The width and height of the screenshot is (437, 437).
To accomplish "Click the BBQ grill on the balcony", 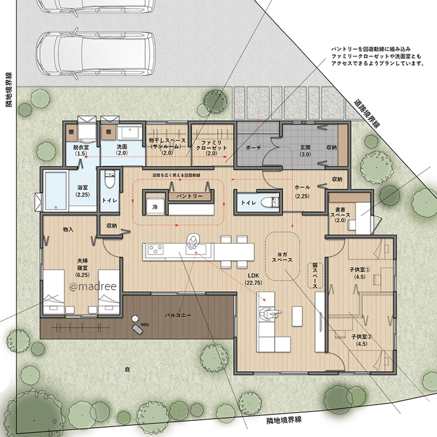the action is pos(138,329).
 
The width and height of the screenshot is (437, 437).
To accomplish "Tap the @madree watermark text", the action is pos(93,286).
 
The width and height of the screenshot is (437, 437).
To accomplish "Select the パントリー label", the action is pos(190,196).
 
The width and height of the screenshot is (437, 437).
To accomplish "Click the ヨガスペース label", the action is pos(282,257).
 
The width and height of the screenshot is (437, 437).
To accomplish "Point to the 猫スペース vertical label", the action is pos(315,275).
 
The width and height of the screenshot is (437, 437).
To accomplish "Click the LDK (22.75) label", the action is pos(253,279).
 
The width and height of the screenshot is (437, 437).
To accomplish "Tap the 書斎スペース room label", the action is pos(340,215).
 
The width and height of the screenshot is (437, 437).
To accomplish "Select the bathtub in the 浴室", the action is pos(56,191).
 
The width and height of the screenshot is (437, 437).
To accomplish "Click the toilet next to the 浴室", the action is pos(109,180).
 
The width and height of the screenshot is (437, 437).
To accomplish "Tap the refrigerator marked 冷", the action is pos(155,207).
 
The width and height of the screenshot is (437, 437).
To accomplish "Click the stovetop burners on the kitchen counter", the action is pos(155,249).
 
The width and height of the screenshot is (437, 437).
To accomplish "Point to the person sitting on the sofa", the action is pos(268,315).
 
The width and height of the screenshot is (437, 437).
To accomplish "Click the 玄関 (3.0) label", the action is pos(305,151).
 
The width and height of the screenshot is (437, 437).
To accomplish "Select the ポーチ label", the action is pos(253,148).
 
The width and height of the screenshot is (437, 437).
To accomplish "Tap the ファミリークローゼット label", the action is pos(211,148).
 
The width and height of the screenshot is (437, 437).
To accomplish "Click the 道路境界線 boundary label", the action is pos(367,113).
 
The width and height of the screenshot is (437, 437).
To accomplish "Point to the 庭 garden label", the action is pos(127,370).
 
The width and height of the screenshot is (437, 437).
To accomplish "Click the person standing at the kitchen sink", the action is pos(193,241).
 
